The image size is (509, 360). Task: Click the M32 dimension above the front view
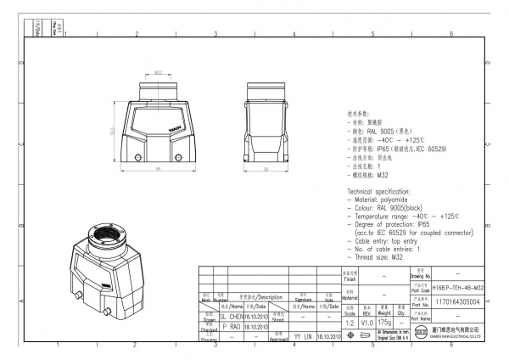(159, 73)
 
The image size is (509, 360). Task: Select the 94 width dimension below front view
(159, 169)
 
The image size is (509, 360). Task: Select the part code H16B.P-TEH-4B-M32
(457, 289)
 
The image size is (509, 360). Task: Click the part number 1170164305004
(457, 301)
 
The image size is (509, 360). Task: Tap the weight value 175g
(384, 322)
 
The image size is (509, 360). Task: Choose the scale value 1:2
(350, 322)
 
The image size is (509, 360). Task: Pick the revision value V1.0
(366, 322)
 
